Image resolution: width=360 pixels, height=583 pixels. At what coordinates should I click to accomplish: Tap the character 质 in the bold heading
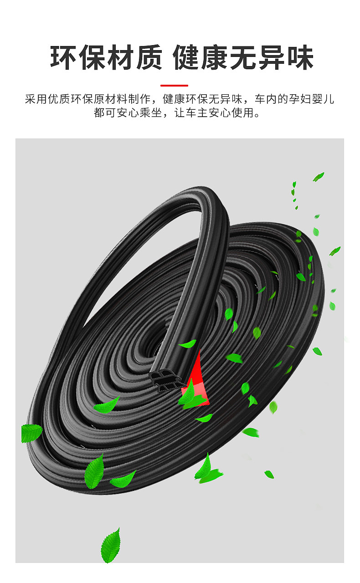click(x=149, y=57)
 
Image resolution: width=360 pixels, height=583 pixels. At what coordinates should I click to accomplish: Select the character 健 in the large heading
click(x=186, y=57)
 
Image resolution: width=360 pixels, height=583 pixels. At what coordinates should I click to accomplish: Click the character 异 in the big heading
click(x=272, y=57)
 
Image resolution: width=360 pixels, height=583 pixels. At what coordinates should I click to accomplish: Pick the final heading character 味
click(x=300, y=57)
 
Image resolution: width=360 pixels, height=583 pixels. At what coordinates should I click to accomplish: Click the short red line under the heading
click(x=174, y=85)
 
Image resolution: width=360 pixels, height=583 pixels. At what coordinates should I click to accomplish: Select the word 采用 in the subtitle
click(x=36, y=99)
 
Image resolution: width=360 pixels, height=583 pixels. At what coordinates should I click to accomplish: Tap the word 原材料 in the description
click(x=111, y=99)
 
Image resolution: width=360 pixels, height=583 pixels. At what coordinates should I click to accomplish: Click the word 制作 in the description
click(x=139, y=99)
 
